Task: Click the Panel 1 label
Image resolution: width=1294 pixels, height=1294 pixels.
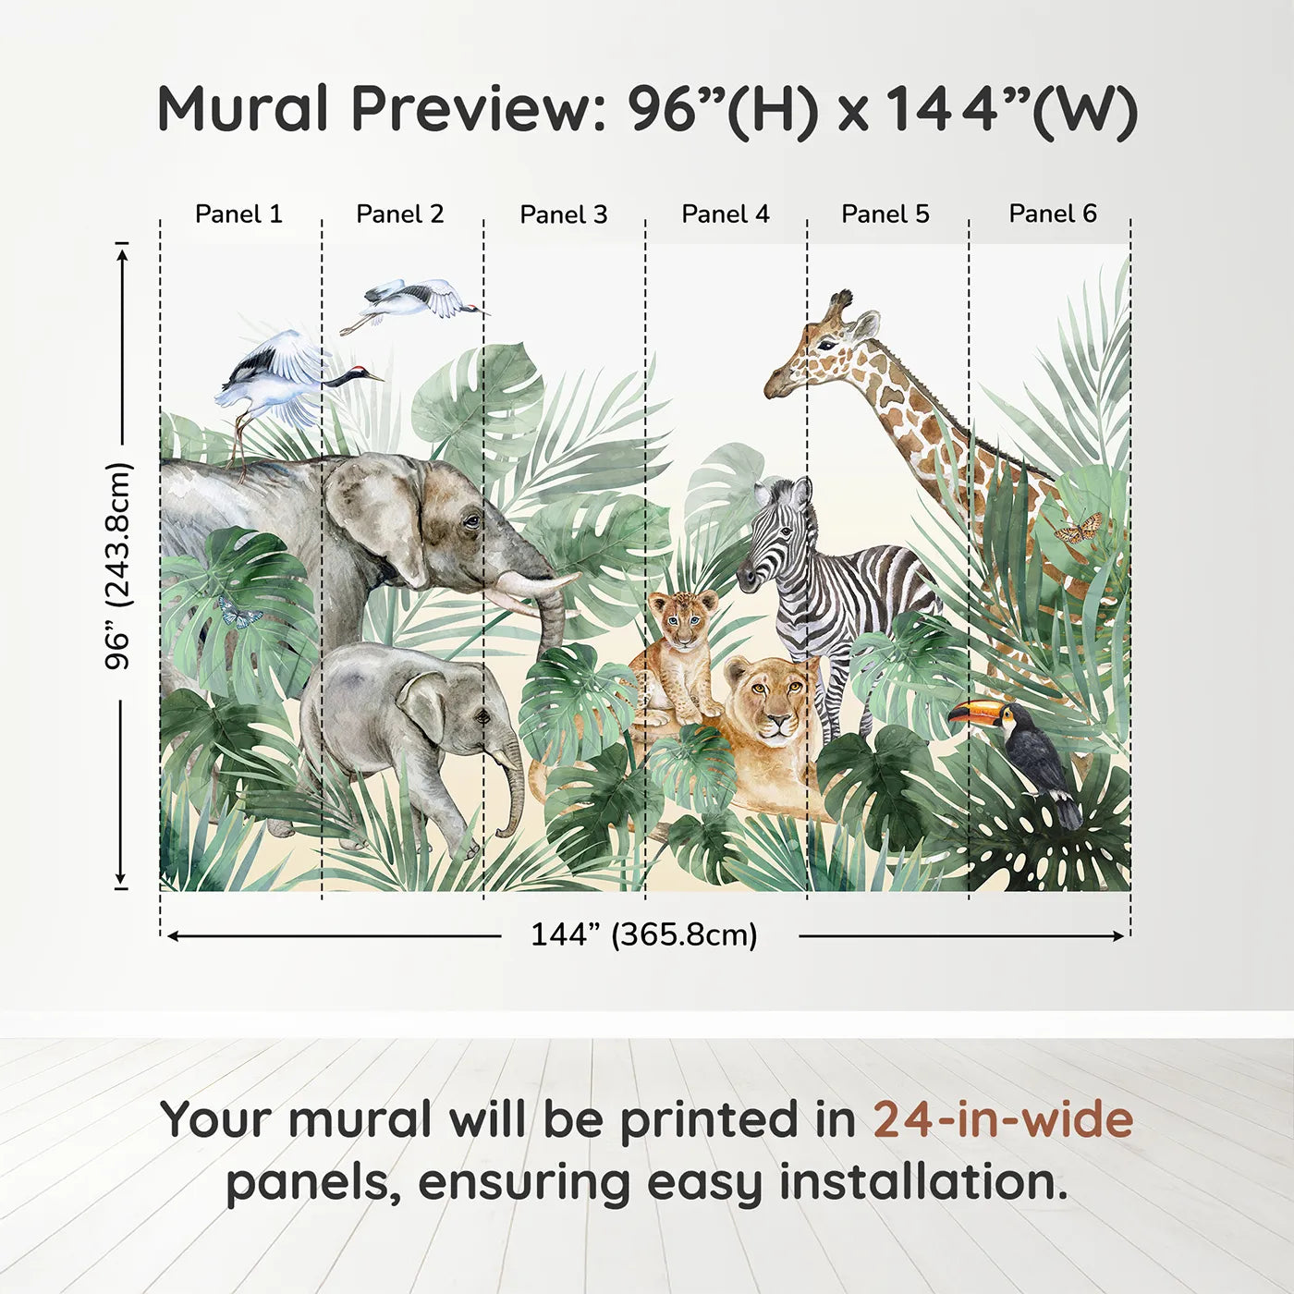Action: coord(238,214)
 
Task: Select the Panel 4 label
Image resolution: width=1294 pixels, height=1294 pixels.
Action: coord(726,214)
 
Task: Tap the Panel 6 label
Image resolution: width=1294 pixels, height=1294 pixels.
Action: coord(1052,214)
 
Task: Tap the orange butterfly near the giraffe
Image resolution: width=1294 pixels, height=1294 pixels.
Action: coord(1079,528)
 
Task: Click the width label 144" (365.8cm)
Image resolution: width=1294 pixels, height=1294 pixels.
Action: coord(644,934)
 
